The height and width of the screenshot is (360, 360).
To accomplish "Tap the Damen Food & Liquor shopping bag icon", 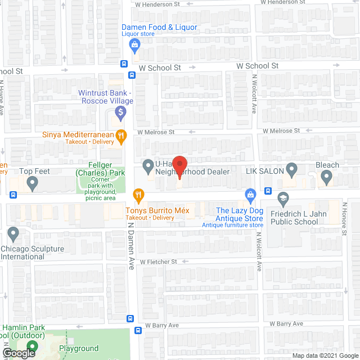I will [x=134, y=44].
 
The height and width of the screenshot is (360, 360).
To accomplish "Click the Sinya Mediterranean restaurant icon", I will [x=120, y=135].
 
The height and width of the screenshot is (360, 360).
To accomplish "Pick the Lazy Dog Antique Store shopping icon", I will [x=251, y=195].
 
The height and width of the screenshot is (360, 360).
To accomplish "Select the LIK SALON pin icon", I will [x=291, y=168].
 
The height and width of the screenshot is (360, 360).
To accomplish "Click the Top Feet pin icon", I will [x=32, y=183].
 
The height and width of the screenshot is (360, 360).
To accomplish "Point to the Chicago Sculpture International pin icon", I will [x=13, y=233].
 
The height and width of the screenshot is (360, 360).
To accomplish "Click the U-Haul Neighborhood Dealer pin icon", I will [x=148, y=166].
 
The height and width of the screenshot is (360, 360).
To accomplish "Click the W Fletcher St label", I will [x=159, y=262].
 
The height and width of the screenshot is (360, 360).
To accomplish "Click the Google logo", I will [x=19, y=353].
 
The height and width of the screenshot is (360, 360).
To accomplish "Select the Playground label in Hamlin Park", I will [x=80, y=349].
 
